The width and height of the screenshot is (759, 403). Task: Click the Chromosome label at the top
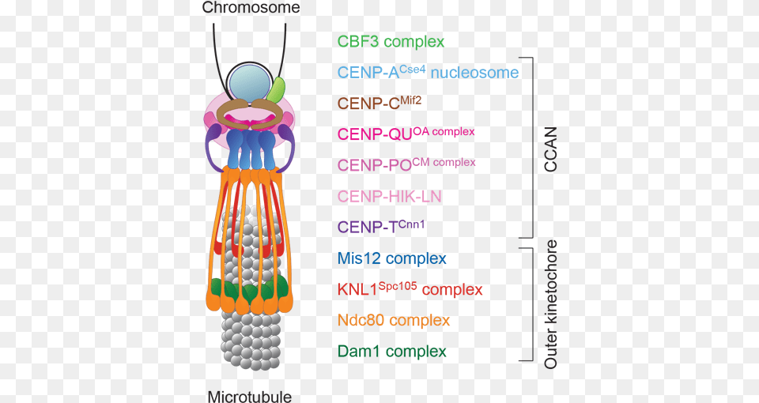251,9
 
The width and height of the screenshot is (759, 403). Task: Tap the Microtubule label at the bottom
249,395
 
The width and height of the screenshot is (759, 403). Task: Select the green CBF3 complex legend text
391,42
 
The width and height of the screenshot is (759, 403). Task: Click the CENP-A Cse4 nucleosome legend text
428,73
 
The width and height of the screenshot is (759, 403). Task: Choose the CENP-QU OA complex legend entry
406,134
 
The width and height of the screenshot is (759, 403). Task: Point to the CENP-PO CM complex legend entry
406,164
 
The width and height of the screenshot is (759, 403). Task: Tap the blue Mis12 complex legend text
391,258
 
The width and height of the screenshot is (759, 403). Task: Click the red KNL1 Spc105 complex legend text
409,288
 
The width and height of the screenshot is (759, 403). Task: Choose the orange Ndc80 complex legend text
393,320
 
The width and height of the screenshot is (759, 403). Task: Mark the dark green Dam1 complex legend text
391,352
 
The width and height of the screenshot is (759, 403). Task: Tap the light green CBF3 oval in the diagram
277,90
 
